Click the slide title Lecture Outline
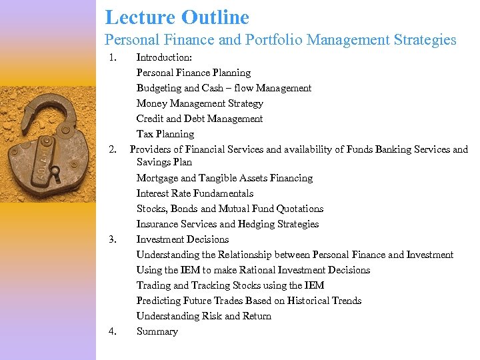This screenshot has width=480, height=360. click(177, 17)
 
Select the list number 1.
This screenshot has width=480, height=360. click(113, 57)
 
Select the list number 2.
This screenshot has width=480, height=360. click(113, 149)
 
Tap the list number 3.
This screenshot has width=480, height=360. click(113, 239)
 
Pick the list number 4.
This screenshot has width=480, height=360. click(113, 331)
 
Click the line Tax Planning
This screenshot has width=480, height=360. click(165, 134)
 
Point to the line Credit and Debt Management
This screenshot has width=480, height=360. click(199, 119)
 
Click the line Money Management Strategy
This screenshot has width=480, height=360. click(199, 103)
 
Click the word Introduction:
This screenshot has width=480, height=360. click(164, 57)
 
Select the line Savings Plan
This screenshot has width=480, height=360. click(164, 162)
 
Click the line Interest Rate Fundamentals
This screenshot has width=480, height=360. click(195, 193)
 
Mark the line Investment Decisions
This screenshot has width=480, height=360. click(183, 239)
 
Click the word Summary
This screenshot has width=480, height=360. click(157, 331)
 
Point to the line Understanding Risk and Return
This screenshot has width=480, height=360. click(203, 316)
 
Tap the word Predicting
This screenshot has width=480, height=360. click(158, 301)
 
